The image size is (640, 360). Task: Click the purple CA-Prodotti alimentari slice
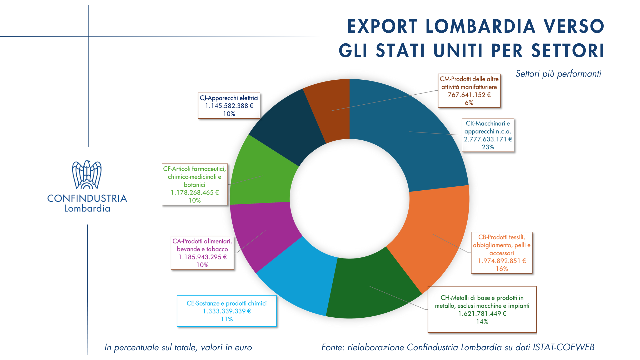point(263,233)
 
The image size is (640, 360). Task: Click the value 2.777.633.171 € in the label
point(488,139)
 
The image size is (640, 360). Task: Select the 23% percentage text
point(488,147)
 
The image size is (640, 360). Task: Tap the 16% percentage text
point(502,269)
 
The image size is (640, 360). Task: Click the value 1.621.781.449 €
point(482,314)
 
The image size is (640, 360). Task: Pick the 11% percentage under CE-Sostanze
point(227,319)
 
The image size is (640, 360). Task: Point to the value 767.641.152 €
point(469,95)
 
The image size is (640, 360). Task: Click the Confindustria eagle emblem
point(87,175)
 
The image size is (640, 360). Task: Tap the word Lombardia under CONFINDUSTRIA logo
point(87,209)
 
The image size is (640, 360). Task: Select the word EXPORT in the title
point(382,27)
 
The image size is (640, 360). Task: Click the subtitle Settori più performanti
point(558,74)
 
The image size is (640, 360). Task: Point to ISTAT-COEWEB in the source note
point(563,347)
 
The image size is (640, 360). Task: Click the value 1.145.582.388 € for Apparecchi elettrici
point(229,106)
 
